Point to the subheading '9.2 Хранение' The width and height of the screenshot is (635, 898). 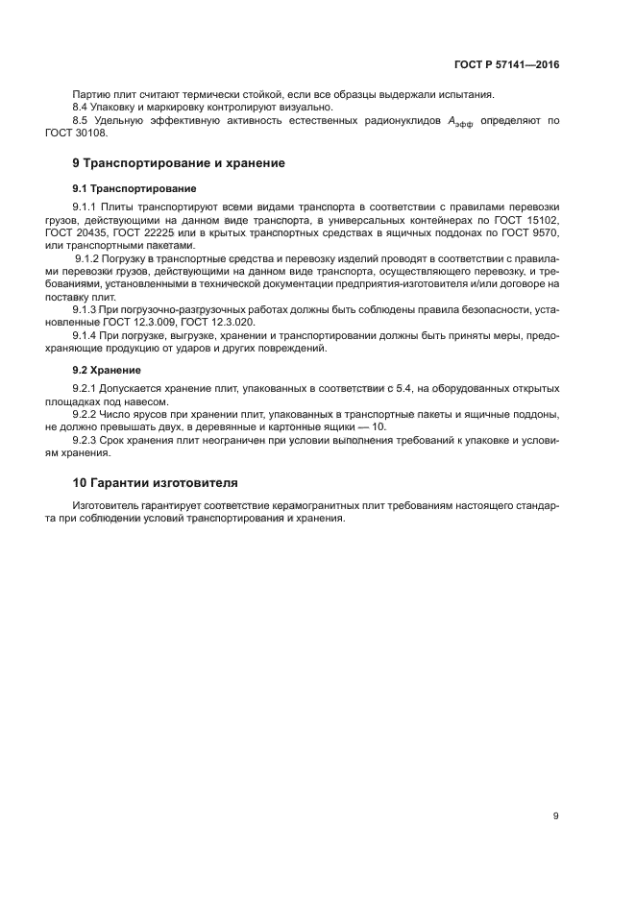pyautogui.click(x=107, y=369)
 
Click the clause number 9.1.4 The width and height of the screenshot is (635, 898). pyautogui.click(x=87, y=336)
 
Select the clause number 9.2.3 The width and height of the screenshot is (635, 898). pyautogui.click(x=87, y=439)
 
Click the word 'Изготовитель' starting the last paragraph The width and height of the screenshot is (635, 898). pyautogui.click(x=105, y=505)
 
